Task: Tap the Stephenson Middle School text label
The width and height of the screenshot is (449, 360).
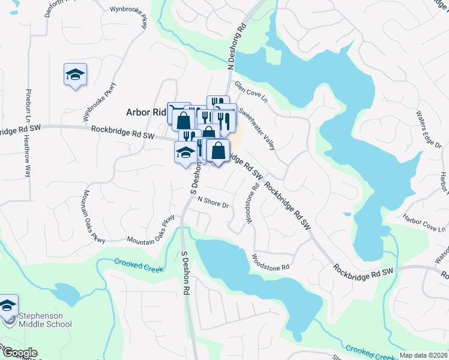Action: point(44,320)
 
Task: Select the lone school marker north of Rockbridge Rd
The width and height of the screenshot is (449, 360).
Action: point(75,75)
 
